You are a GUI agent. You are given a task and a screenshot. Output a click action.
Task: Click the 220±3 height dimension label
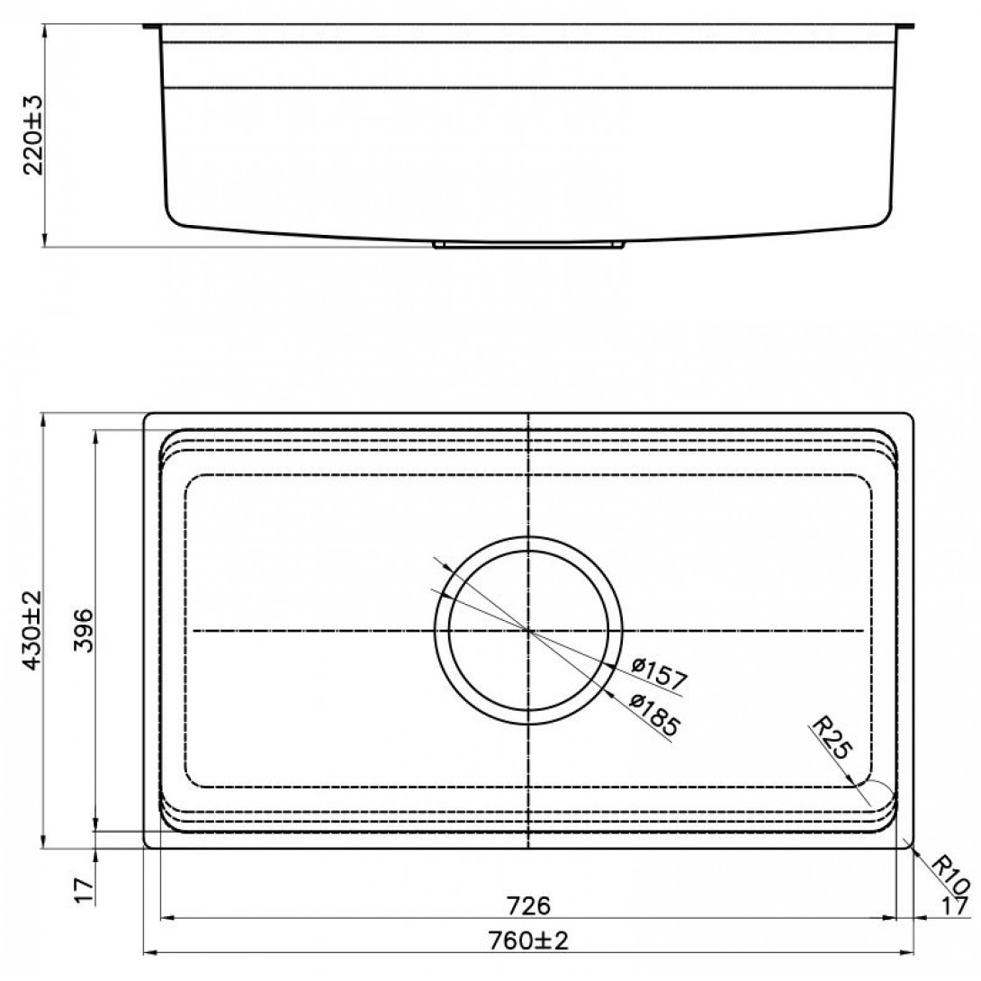32,135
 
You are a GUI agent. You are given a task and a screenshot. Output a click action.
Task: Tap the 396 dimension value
83,631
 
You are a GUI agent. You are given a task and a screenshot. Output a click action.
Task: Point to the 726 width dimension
528,905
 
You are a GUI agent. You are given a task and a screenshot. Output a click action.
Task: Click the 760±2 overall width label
528,940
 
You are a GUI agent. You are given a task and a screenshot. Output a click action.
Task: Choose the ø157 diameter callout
659,673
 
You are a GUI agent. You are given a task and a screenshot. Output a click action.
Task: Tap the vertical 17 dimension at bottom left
83,890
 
